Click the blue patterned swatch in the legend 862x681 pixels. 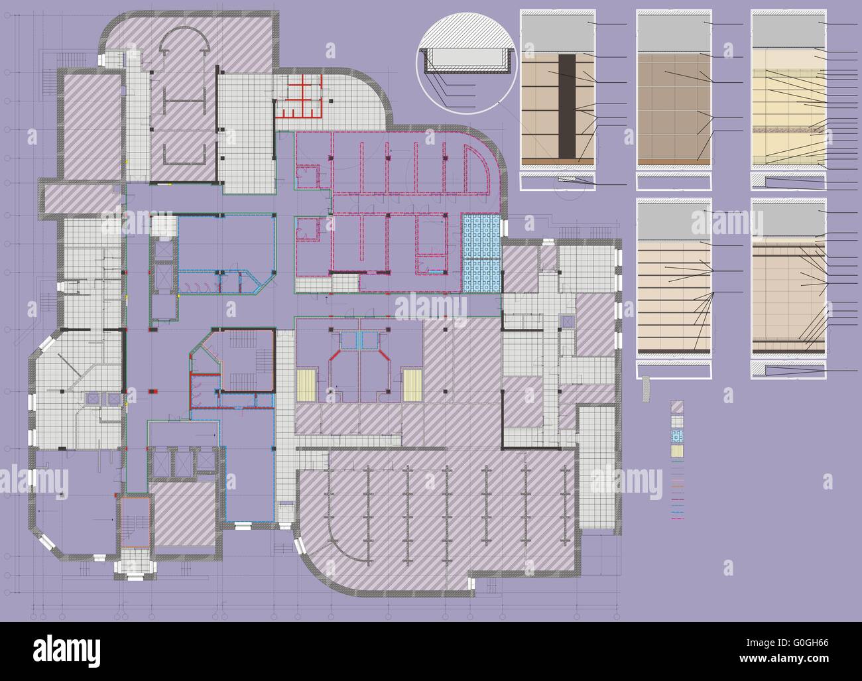pyautogui.click(x=677, y=436)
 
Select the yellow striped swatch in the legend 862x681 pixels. pyautogui.click(x=677, y=452)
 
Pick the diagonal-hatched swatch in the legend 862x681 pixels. pyautogui.click(x=677, y=406)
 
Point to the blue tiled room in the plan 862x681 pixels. pyautogui.click(x=481, y=254)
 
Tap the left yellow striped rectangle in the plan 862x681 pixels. pyautogui.click(x=306, y=385)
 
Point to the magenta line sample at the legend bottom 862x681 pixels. pyautogui.click(x=677, y=518)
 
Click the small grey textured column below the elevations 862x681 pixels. pyautogui.click(x=646, y=389)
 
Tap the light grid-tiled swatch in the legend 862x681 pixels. pyautogui.click(x=677, y=421)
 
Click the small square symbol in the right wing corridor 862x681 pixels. pyautogui.click(x=567, y=322)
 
